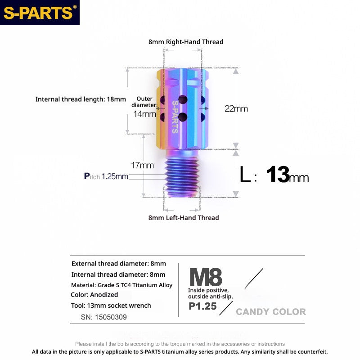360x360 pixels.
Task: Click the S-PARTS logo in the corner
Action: [x=40, y=13]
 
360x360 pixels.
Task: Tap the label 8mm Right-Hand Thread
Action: [x=186, y=42]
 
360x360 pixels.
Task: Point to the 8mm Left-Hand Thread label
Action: [x=184, y=218]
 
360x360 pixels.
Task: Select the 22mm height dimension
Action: [x=237, y=108]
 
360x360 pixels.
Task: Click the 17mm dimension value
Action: [x=144, y=165]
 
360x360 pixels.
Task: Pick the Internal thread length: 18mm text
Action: [x=81, y=99]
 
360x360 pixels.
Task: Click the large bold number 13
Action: [x=277, y=175]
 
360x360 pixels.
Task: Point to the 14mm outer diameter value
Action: [x=144, y=114]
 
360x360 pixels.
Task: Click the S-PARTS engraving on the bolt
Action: [x=175, y=116]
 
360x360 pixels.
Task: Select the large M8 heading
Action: [x=206, y=277]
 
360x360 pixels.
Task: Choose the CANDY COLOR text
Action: [x=270, y=312]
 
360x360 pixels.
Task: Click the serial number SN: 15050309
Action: [x=99, y=317]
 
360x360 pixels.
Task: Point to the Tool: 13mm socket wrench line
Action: [x=111, y=306]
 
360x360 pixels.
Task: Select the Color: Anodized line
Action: [x=94, y=295]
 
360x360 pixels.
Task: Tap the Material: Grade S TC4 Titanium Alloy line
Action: [x=121, y=285]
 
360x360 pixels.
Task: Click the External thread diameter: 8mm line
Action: [x=118, y=264]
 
